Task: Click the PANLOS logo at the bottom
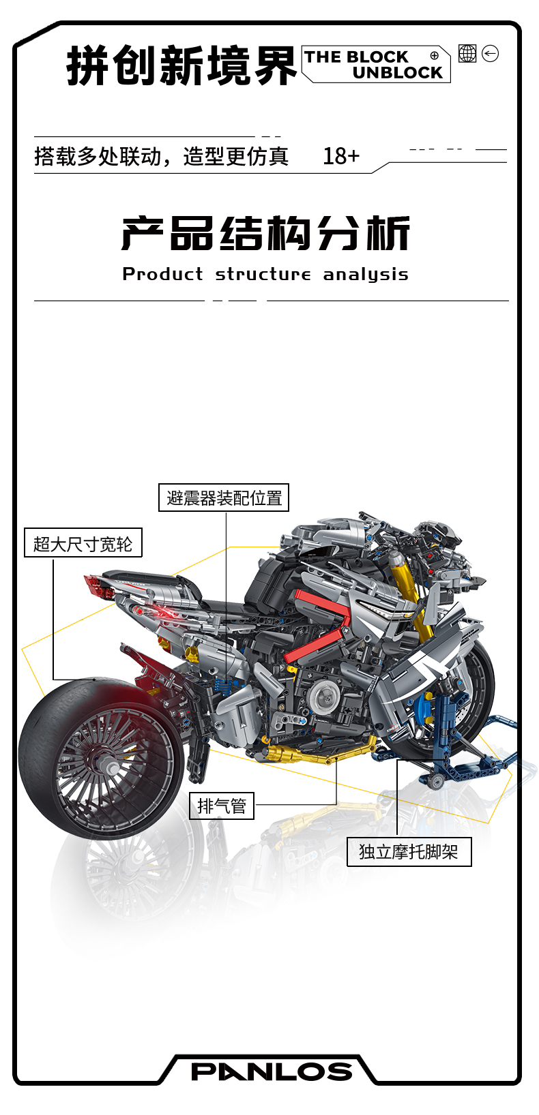[272, 1071]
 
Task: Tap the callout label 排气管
[222, 806]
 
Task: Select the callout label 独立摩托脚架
[409, 852]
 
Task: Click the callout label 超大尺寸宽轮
[83, 543]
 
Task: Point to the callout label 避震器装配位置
[224, 498]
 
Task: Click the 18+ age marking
[341, 156]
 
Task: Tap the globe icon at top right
[467, 53]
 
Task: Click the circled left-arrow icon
[490, 53]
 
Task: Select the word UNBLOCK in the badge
[398, 73]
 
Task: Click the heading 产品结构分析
[266, 234]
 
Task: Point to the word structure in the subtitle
[263, 274]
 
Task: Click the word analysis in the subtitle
[366, 274]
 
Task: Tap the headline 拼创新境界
[181, 67]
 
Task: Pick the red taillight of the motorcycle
[99, 586]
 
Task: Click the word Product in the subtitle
[162, 274]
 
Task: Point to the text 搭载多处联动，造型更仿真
[162, 156]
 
